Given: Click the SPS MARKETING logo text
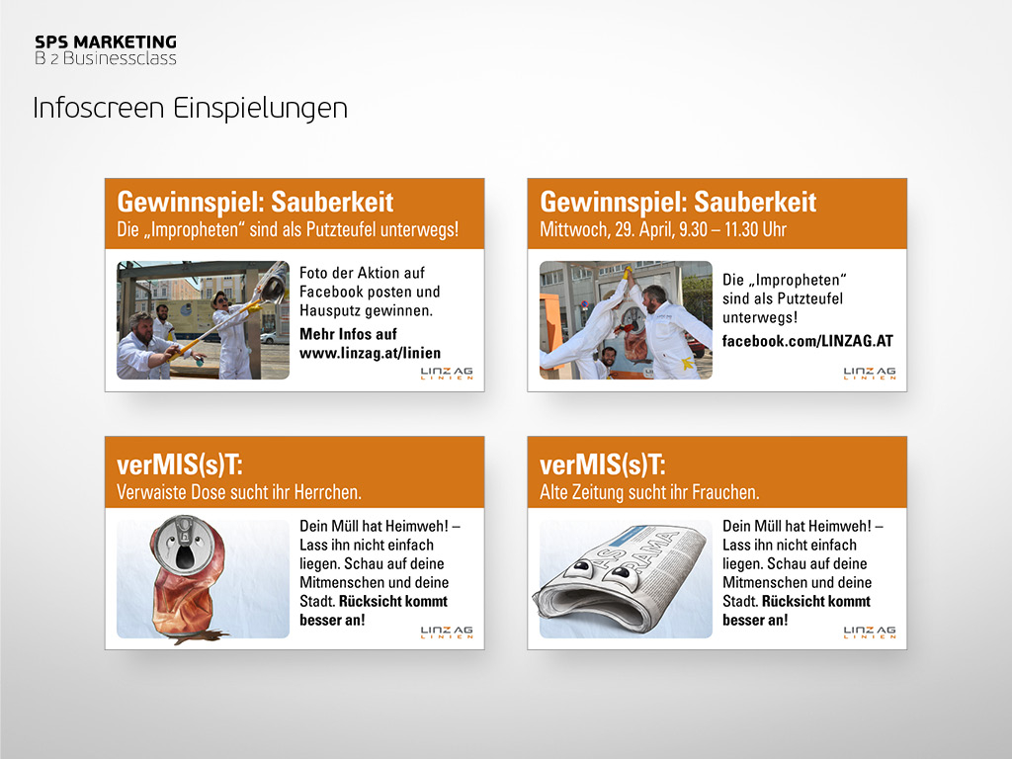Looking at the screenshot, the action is [x=106, y=42].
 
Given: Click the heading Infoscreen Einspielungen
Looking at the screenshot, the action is [x=191, y=108].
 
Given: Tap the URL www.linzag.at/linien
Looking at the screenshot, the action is [x=370, y=353].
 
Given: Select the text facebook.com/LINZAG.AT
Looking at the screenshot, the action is [x=807, y=341].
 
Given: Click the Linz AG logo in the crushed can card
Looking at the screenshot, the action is [x=447, y=632].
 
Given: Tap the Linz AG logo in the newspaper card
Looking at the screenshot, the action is [x=870, y=632].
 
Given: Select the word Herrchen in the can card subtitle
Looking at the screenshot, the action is [x=327, y=492].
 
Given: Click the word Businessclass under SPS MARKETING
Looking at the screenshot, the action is [x=120, y=58].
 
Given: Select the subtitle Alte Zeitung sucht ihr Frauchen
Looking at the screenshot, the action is [x=649, y=492].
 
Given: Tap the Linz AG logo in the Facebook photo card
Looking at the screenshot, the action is [x=870, y=373].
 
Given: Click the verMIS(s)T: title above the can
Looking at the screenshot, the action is [x=180, y=464].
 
